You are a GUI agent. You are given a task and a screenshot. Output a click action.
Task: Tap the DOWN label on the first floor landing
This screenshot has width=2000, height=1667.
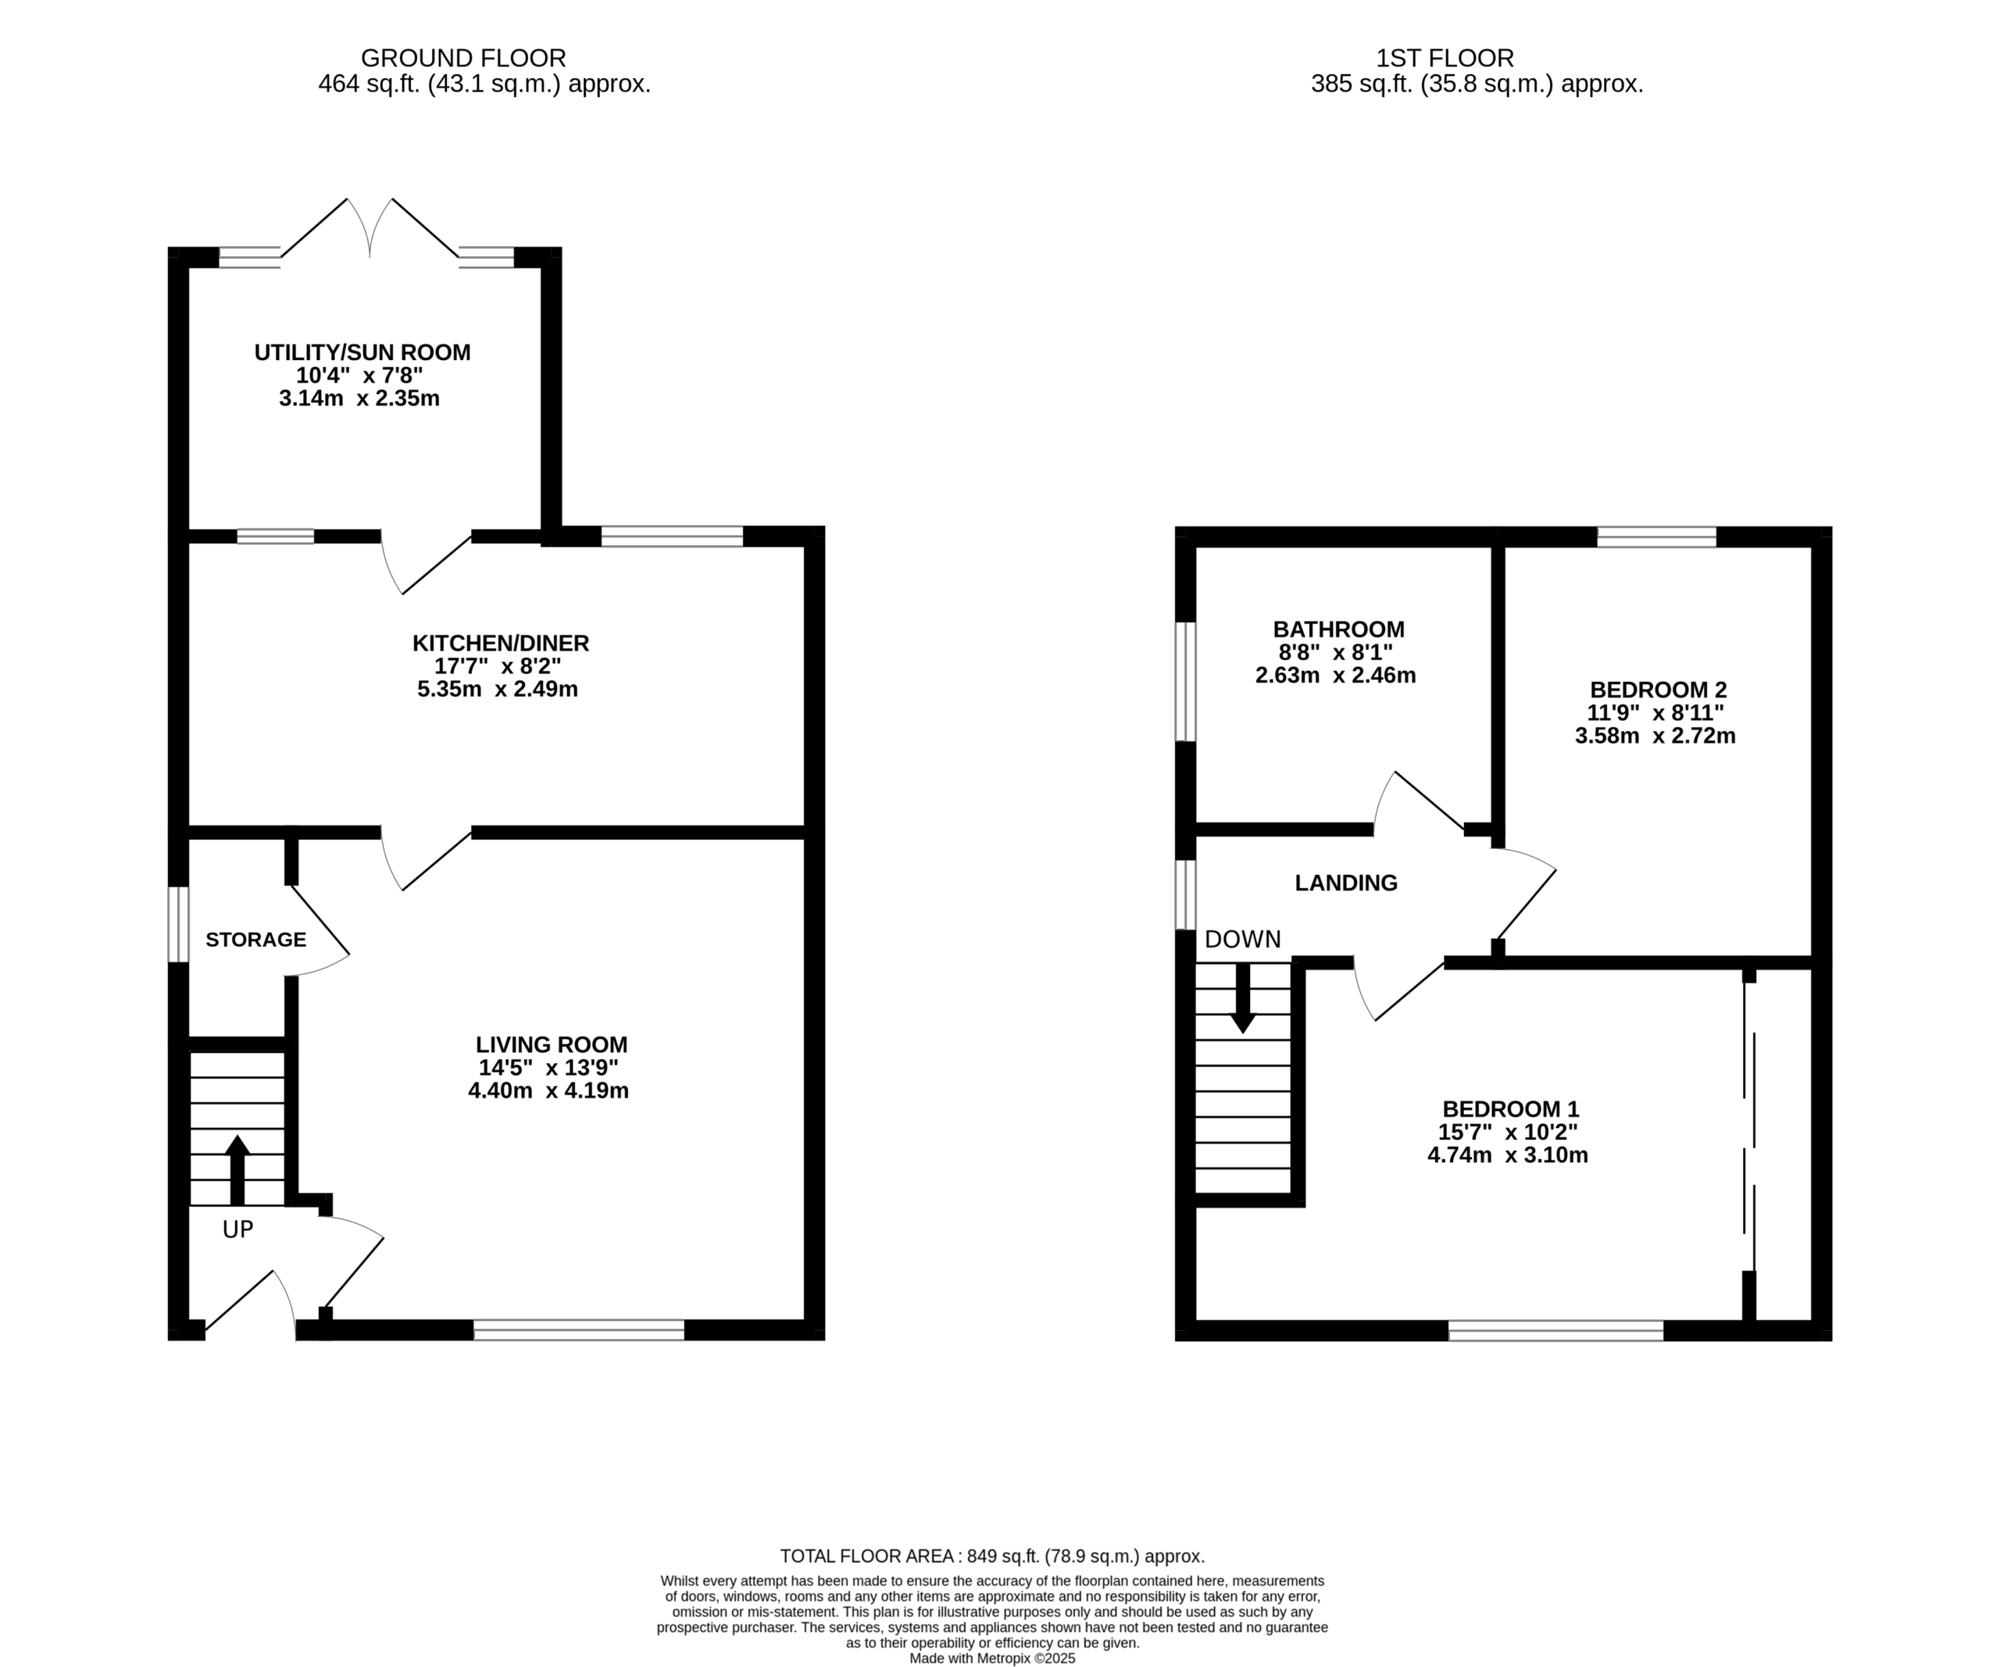pos(1242,940)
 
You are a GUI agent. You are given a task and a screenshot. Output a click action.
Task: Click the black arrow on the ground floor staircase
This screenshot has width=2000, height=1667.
pos(237,1170)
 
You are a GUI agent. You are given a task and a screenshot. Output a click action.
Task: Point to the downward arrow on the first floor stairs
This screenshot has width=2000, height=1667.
pos(1242,998)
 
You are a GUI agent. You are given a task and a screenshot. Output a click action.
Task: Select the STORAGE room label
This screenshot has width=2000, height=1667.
pos(255,940)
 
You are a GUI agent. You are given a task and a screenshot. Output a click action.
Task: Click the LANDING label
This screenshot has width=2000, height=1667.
pos(1346,883)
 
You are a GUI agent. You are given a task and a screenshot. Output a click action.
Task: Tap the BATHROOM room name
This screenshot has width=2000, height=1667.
pos(1338,630)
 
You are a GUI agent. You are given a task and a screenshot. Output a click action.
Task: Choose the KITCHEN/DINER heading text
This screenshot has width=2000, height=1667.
pos(500,643)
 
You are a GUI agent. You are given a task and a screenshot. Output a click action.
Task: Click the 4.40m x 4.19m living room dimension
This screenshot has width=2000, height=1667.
pos(548,1091)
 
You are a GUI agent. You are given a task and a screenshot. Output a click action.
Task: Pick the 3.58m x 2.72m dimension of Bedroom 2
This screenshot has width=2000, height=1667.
pos(1655,736)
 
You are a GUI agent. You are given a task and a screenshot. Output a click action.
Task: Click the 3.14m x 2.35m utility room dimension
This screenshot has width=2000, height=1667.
pos(359,398)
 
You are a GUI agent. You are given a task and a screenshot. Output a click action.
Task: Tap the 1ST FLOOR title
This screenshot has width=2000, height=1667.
pos(1445,58)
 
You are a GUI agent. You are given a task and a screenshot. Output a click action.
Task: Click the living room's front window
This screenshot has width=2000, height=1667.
pos(579,1330)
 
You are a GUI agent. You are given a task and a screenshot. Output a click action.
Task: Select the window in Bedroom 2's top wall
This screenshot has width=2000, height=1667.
pos(1656,536)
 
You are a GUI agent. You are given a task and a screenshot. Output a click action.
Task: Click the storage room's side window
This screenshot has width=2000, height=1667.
pos(178,924)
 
